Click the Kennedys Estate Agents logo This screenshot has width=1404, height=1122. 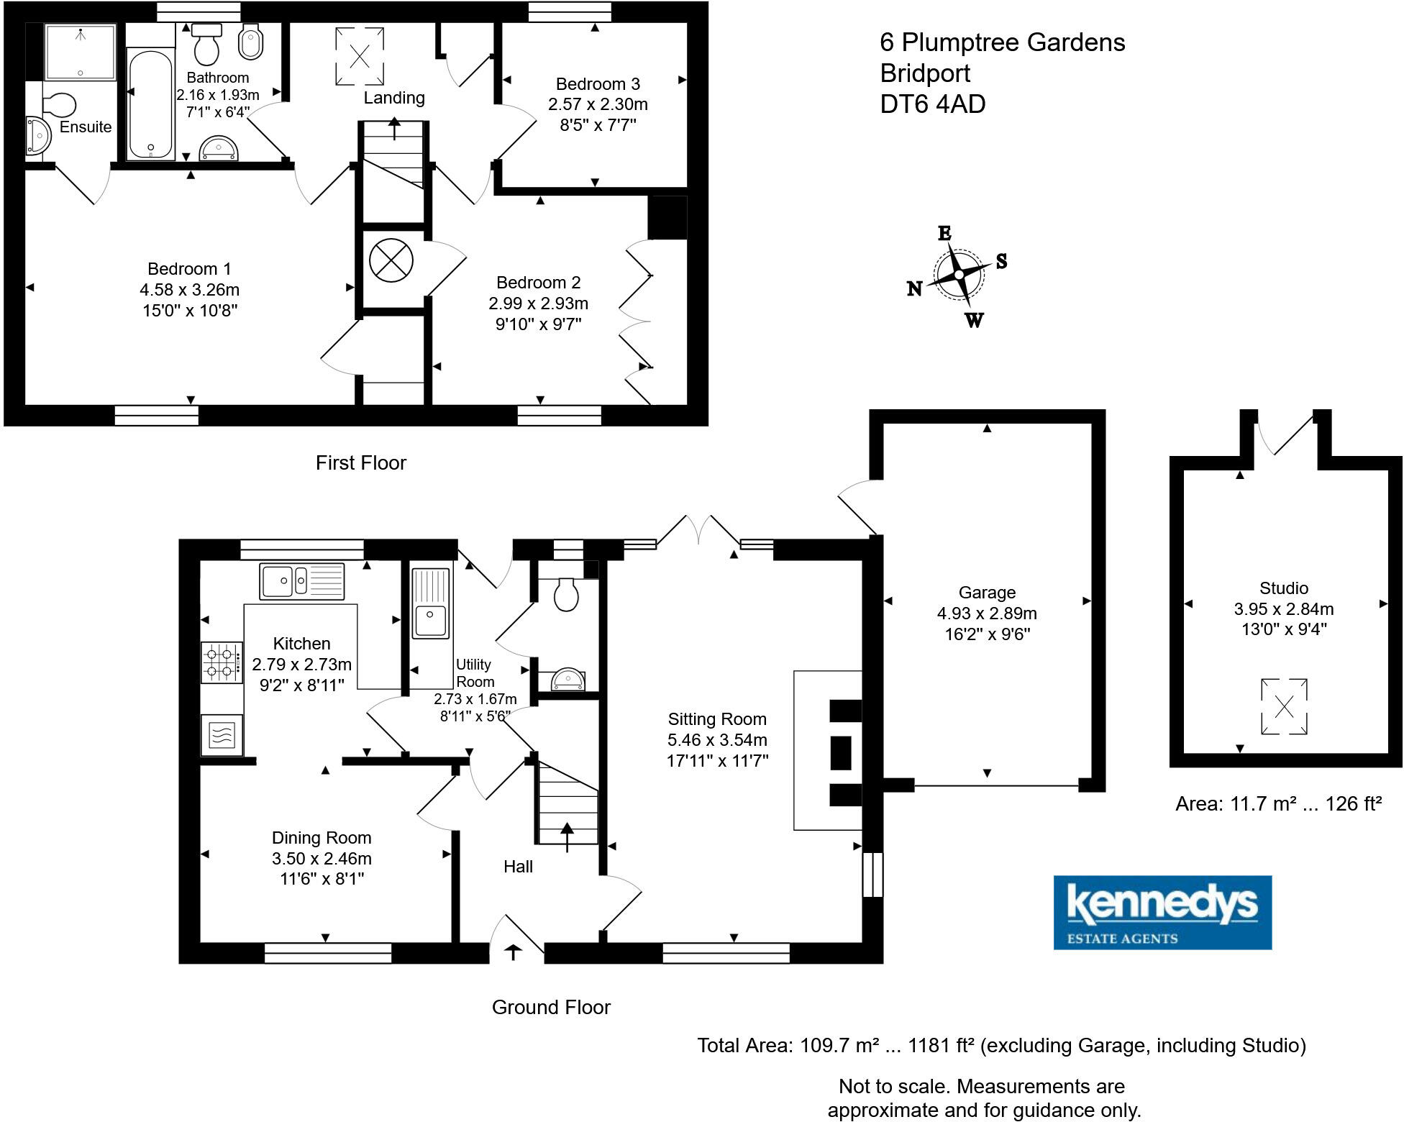(x=1162, y=912)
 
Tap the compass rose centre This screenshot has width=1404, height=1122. (x=959, y=274)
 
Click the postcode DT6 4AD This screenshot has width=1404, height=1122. (x=932, y=104)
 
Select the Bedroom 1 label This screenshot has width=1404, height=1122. (x=189, y=269)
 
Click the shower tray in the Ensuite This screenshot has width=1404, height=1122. (x=80, y=52)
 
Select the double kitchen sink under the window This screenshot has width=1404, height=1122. (x=302, y=581)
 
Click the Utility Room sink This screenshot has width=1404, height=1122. (x=430, y=604)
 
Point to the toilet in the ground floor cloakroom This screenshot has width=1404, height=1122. (x=567, y=594)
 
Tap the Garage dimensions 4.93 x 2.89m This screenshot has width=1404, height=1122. (x=986, y=614)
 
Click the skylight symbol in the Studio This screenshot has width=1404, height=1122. (x=1284, y=706)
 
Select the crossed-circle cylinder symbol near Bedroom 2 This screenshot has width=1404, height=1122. (x=391, y=260)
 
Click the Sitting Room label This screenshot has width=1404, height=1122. (x=716, y=719)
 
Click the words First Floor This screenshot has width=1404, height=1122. (x=360, y=462)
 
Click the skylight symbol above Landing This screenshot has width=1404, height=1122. (x=360, y=55)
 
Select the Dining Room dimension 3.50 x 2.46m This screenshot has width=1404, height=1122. (x=322, y=859)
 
